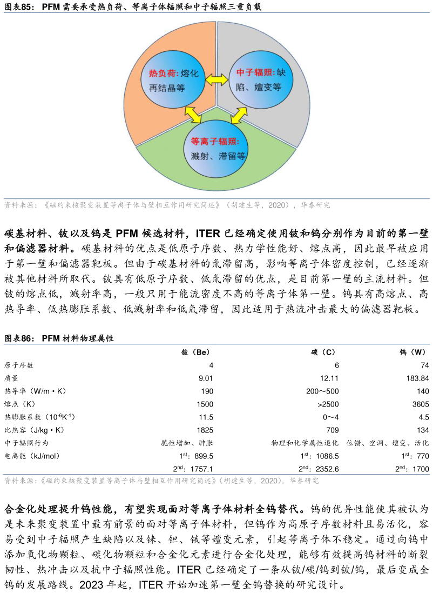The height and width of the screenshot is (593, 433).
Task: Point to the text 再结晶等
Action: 167,88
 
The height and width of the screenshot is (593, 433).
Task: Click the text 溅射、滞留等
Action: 218,156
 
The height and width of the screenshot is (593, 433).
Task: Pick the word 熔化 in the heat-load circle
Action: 190,74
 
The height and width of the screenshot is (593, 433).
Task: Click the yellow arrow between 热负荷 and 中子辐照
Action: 217,79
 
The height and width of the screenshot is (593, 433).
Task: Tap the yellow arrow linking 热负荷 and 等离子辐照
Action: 193,114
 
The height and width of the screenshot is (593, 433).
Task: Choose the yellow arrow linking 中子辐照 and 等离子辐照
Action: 239,115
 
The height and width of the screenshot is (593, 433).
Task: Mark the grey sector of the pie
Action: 292,108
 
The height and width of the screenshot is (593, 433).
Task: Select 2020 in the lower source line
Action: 269,481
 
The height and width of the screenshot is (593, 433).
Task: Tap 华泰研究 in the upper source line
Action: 316,205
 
